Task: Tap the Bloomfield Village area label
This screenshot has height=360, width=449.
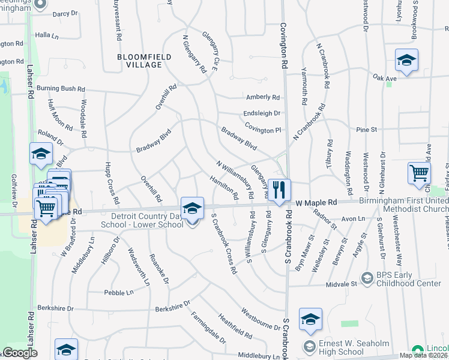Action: (144, 61)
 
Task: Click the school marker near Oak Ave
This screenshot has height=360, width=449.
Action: (406, 61)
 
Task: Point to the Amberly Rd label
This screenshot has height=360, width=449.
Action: (263, 97)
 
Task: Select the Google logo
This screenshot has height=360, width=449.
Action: (20, 353)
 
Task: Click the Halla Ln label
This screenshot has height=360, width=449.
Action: (47, 36)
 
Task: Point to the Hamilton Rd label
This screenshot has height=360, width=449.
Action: (223, 188)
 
